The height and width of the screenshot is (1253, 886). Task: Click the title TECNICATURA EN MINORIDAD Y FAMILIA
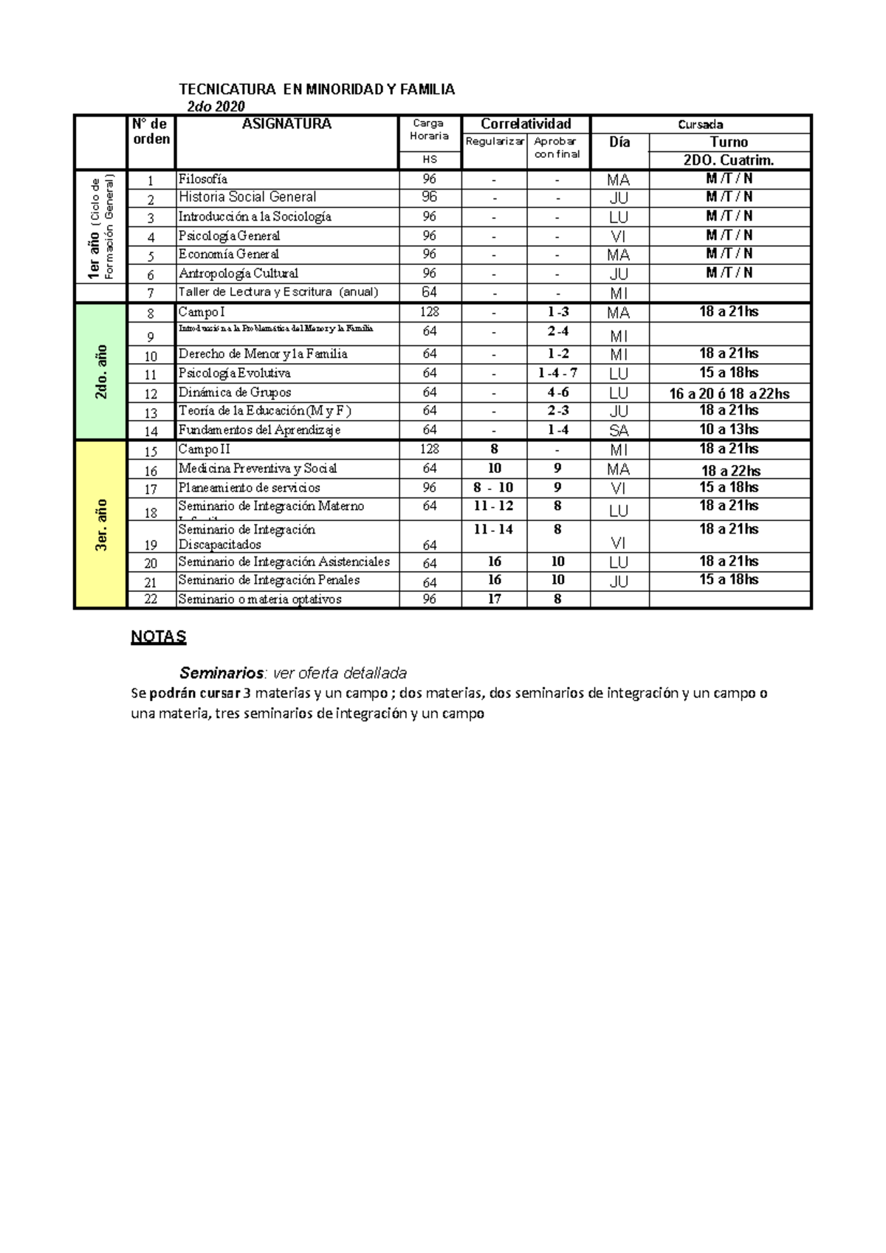[x=317, y=89]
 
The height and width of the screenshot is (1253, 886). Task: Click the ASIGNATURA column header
[x=286, y=124]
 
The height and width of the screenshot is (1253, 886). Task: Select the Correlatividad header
[x=526, y=124]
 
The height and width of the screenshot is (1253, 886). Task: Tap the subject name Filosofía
[x=203, y=179]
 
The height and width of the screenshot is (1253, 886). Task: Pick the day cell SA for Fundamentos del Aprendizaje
[x=619, y=431]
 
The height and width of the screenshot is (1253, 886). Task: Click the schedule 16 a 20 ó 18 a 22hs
[x=729, y=393]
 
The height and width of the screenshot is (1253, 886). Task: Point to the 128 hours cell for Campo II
[x=429, y=449]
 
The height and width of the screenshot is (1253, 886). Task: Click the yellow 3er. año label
[x=101, y=525]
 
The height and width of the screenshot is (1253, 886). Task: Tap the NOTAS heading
[x=158, y=637]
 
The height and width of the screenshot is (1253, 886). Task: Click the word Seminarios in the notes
[x=221, y=673]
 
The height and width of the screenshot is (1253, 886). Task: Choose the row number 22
[x=151, y=600]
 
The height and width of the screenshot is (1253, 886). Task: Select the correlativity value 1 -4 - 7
[x=557, y=373]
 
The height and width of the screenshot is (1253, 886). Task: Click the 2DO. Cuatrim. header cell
[x=729, y=161]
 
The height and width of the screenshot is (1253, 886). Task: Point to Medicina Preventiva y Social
[x=258, y=469]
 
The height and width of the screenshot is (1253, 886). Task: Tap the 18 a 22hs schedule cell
[x=730, y=471]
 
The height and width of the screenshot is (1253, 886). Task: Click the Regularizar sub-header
[x=494, y=141]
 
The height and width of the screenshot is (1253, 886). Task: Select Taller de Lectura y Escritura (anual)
[x=278, y=292]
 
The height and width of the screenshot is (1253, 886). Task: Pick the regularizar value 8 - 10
[x=494, y=488]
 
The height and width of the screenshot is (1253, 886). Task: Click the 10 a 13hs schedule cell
[x=729, y=429]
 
